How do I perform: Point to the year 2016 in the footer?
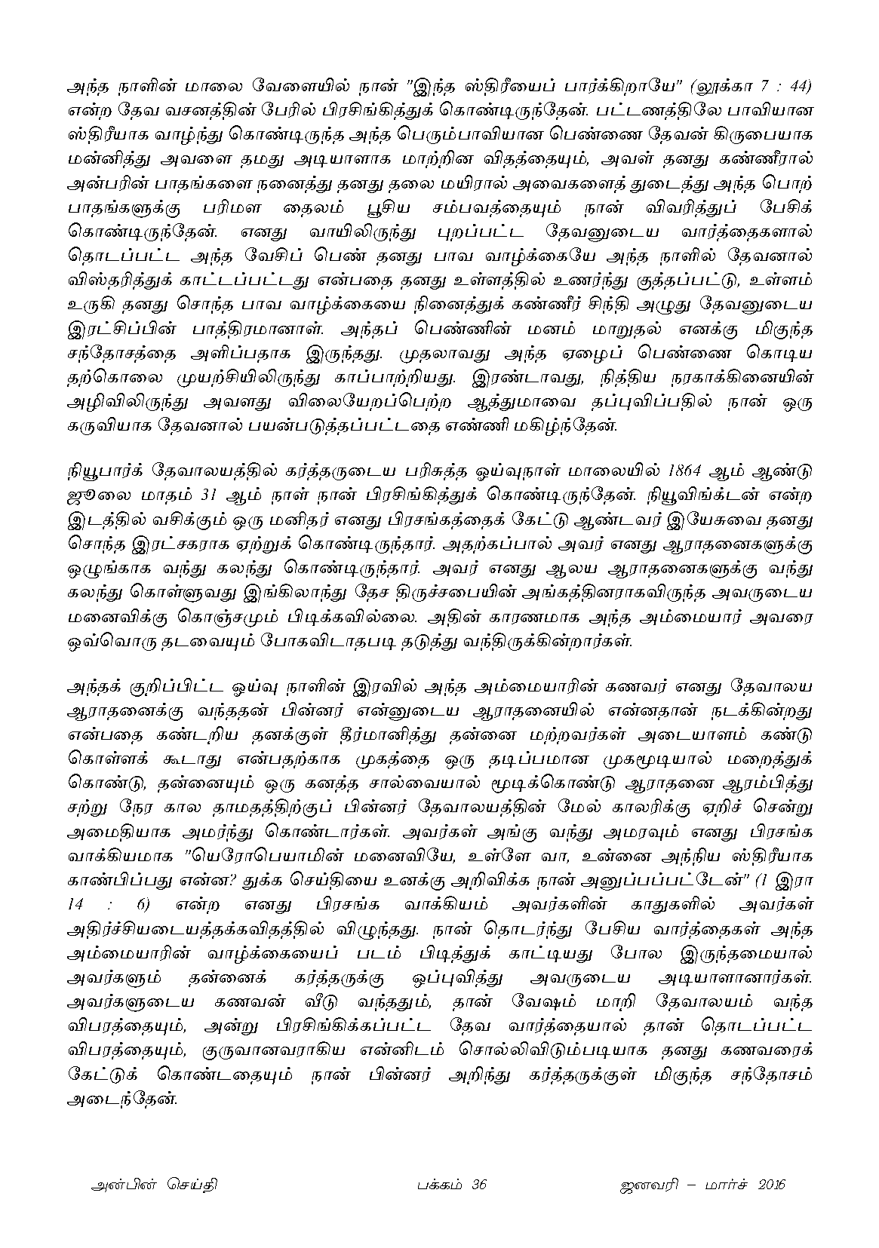tap(767, 1185)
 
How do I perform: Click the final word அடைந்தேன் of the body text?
tap(121, 1097)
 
